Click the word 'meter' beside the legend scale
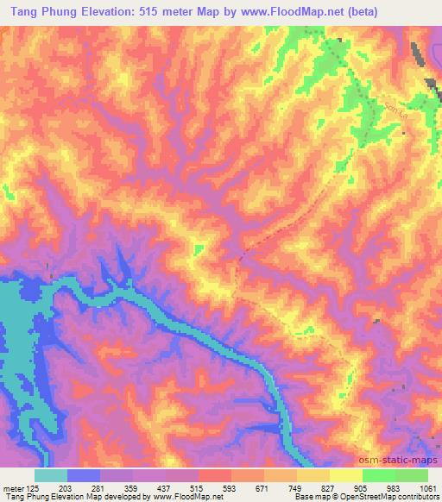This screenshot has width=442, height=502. [14, 488]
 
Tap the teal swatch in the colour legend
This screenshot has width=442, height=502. [51, 475]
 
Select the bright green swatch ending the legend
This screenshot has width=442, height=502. [412, 475]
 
